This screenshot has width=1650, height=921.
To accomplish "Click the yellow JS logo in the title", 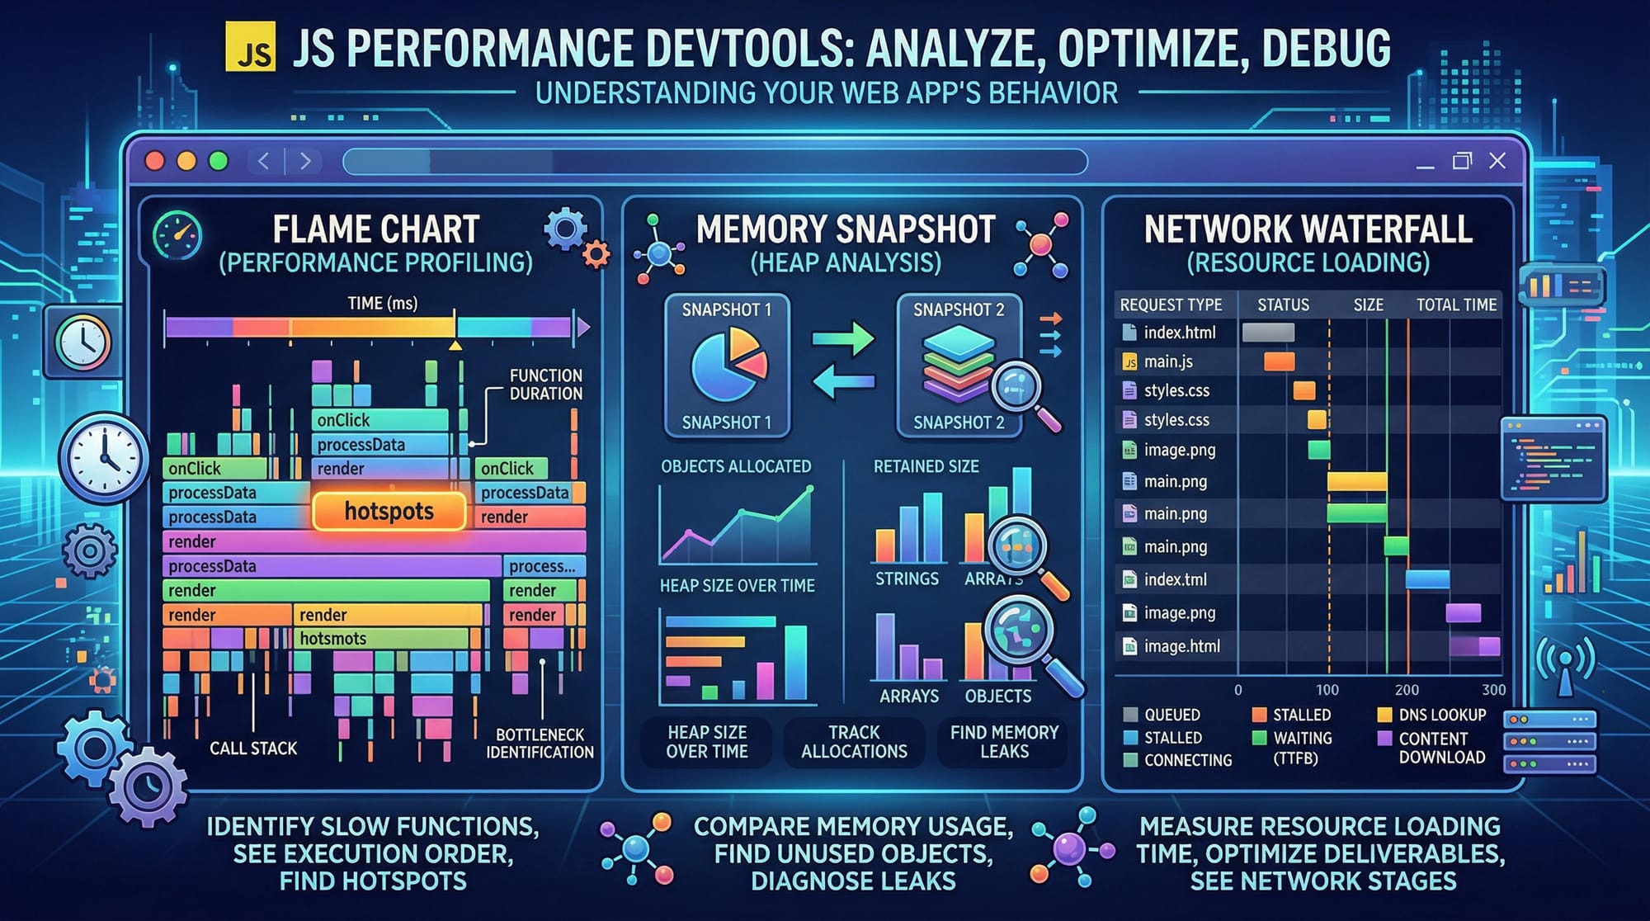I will (x=250, y=47).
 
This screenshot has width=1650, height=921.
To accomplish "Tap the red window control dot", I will (x=154, y=161).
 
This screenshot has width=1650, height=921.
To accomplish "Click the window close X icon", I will (x=1497, y=161).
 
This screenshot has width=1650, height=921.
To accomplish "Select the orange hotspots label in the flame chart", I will (x=389, y=512).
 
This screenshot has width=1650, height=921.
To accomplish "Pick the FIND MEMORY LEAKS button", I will (x=1003, y=742).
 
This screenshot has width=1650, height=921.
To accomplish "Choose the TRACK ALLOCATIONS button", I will (x=854, y=742).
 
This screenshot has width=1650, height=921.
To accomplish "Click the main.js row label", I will (x=1167, y=361).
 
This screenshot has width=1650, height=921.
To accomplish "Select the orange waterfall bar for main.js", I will (x=1279, y=361).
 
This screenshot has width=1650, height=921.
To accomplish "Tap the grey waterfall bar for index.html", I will (x=1268, y=333).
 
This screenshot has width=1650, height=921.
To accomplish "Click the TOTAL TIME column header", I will (x=1456, y=305).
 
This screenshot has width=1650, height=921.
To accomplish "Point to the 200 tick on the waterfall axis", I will (x=1407, y=690).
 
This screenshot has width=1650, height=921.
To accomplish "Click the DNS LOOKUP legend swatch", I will (x=1385, y=715).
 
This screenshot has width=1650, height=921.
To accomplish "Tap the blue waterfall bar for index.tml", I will (x=1427, y=579).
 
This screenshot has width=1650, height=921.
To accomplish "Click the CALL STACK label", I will (x=252, y=749).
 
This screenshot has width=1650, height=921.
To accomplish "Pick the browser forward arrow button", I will (x=305, y=161).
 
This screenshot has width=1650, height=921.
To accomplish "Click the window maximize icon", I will (x=1462, y=161).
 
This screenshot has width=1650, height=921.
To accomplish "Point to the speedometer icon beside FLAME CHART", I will (x=177, y=236).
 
